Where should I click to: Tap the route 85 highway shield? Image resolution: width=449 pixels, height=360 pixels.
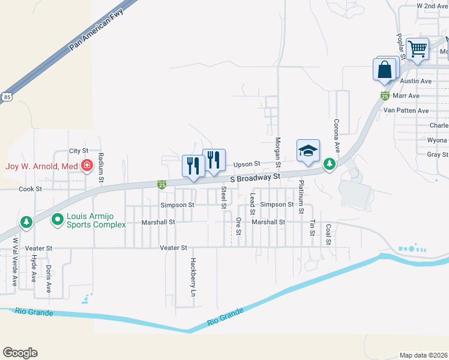pyautogui.click(x=7, y=96)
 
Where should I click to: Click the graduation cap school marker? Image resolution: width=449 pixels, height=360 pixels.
pyautogui.click(x=308, y=151)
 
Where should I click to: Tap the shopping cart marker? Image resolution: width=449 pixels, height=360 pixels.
pyautogui.click(x=417, y=48)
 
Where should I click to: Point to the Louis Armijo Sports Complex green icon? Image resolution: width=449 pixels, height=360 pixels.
pyautogui.click(x=58, y=220)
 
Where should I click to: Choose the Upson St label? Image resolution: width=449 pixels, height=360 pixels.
pyautogui.click(x=246, y=163)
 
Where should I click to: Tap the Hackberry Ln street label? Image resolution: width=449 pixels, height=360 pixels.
pyautogui.click(x=193, y=274)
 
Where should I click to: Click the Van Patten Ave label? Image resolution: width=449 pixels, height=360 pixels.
pyautogui.click(x=406, y=110)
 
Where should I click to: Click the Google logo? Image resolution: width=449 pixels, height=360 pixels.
pyautogui.click(x=20, y=353)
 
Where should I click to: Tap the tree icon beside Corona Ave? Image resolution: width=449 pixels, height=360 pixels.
pyautogui.click(x=329, y=163)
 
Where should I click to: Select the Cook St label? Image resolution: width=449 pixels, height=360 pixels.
pyautogui.click(x=30, y=188)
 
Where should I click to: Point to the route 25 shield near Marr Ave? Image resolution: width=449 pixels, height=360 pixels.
pyautogui.click(x=385, y=95)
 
